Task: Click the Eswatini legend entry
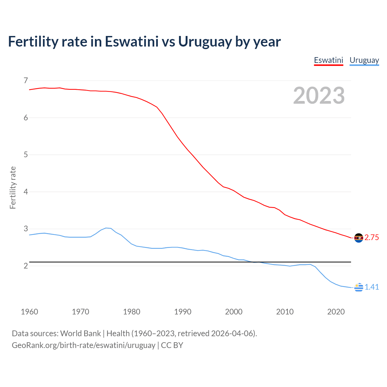tap(328, 60)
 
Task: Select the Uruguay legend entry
tap(364, 60)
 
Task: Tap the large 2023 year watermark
tap(319, 96)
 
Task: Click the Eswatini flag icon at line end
tap(359, 238)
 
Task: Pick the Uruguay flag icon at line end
tap(359, 287)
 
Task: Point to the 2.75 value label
tap(372, 238)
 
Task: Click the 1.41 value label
tap(372, 287)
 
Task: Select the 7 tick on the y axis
tap(26, 80)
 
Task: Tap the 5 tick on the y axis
tap(26, 155)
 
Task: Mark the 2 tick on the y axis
tap(26, 266)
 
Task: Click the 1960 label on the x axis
tap(29, 312)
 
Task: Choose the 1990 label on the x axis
tap(183, 312)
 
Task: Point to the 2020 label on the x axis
tap(336, 312)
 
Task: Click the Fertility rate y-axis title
tap(13, 187)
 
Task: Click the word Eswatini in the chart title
tap(132, 41)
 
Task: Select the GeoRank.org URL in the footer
tap(83, 345)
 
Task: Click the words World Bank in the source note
tap(80, 333)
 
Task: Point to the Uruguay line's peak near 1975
tap(106, 228)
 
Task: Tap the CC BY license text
tap(172, 345)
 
